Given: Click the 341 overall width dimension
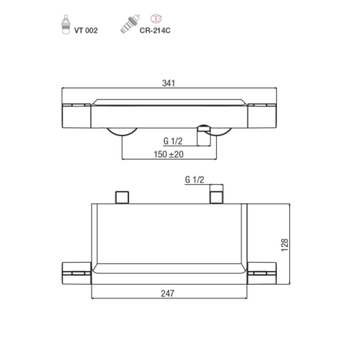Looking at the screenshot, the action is click(x=168, y=83).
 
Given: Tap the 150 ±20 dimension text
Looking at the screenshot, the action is click(x=168, y=154).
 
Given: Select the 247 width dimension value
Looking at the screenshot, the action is click(x=167, y=293).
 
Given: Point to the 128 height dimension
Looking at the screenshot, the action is click(x=285, y=245).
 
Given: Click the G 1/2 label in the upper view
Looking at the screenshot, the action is click(x=173, y=141).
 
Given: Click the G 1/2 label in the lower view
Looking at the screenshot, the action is click(x=194, y=180).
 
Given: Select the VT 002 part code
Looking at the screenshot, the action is click(x=86, y=31).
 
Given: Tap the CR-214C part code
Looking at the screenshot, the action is click(x=155, y=31).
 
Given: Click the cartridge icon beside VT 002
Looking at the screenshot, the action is click(x=66, y=25).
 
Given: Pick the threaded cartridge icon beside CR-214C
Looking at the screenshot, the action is click(x=130, y=24).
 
